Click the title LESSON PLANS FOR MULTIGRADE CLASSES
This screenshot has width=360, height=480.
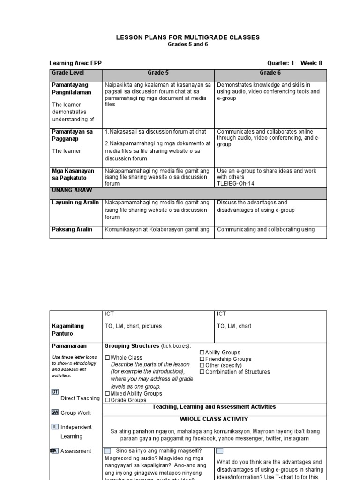[x=187, y=37]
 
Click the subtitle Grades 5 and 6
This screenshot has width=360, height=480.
[x=187, y=44]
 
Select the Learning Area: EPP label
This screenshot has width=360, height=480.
[x=75, y=63]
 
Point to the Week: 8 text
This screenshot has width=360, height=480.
[x=311, y=63]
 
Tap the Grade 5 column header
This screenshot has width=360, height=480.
[x=158, y=73]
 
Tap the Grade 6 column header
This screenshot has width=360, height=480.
[x=270, y=73]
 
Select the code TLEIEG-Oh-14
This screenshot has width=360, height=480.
[x=234, y=184]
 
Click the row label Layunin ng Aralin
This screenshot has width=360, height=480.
[x=75, y=202]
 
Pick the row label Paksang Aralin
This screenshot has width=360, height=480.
[x=72, y=229]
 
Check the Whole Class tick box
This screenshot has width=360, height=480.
[x=107, y=358]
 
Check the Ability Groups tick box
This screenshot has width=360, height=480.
[x=202, y=352]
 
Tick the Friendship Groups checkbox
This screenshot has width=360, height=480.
[x=202, y=359]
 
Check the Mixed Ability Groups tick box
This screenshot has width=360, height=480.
[x=107, y=394]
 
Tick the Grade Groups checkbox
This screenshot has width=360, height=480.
[x=107, y=400]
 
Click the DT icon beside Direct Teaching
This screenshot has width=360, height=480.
[x=55, y=391]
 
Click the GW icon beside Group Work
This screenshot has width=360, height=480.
[x=55, y=412]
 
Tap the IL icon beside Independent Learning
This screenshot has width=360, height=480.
[x=55, y=427]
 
